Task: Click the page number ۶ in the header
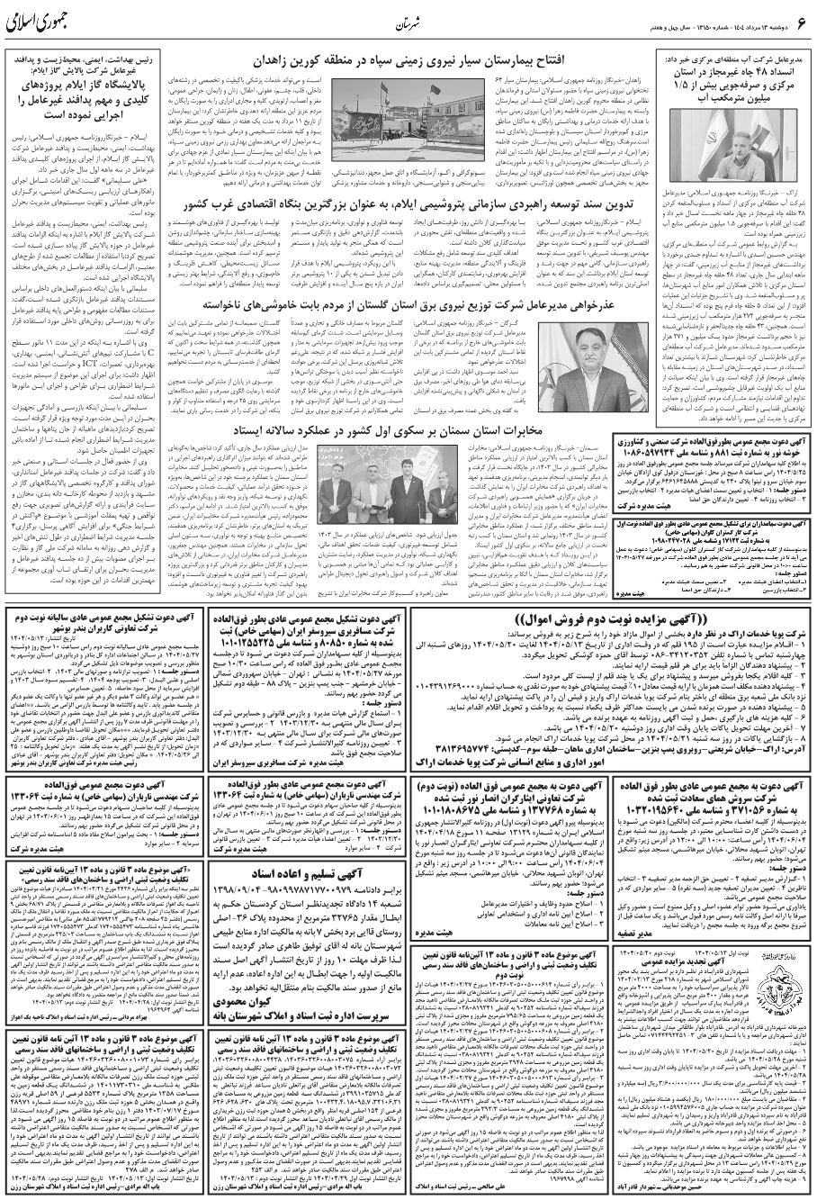[800, 21]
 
